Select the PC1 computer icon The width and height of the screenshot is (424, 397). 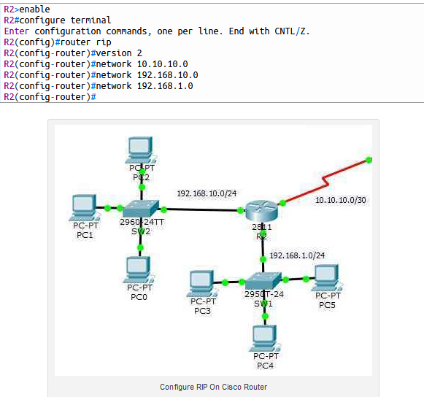tap(85, 207)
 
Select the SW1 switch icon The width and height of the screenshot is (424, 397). tap(263, 281)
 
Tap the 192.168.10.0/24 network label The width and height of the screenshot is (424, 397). tap(207, 193)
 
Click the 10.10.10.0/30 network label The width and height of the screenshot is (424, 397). tap(339, 200)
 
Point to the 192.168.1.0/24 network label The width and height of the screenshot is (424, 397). tap(297, 255)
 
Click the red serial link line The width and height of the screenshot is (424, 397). tap(325, 182)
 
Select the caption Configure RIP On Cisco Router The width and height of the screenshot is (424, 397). tap(213, 387)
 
